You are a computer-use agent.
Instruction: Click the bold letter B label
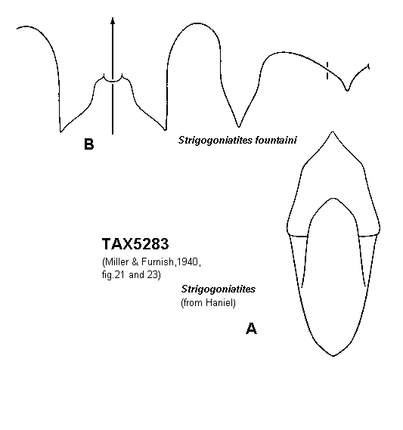pos(89,144)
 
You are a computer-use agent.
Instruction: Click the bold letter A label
pos(251,329)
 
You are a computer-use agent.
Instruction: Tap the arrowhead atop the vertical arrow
pos(113,21)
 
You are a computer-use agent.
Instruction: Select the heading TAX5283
pos(135,244)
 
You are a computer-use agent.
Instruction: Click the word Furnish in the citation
pos(157,262)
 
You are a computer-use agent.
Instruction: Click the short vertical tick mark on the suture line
pos(327,70)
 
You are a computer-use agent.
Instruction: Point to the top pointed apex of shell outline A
pos(333,132)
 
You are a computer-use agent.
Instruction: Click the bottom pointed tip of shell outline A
pos(333,356)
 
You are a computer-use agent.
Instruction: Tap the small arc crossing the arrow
pos(113,79)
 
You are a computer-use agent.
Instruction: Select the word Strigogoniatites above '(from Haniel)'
pos(218,289)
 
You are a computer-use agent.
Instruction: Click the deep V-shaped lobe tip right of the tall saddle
pos(239,126)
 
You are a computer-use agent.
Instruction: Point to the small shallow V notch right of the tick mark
pos(347,90)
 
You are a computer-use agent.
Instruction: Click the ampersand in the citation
pos(135,262)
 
